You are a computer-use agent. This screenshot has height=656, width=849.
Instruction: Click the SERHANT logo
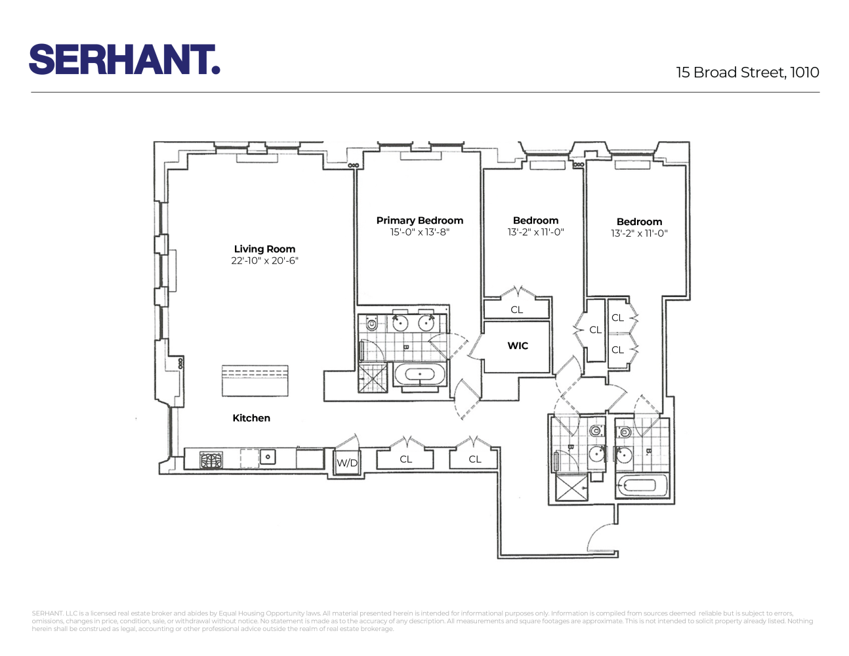(x=124, y=60)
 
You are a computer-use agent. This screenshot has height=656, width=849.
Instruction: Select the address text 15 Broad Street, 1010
(x=747, y=73)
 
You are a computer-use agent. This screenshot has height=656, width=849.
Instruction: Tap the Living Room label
(x=264, y=249)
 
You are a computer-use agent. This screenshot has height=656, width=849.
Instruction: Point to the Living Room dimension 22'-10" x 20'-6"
(x=264, y=261)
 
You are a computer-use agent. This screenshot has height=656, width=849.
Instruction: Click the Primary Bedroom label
(x=420, y=220)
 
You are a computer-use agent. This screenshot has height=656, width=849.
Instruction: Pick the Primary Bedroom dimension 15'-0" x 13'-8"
(x=420, y=232)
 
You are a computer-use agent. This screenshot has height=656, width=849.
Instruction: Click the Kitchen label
(x=251, y=418)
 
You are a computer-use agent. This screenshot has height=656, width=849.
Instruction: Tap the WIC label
(x=518, y=346)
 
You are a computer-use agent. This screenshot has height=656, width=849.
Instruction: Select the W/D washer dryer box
(x=347, y=462)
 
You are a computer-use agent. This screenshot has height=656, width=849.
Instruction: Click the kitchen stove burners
(x=211, y=459)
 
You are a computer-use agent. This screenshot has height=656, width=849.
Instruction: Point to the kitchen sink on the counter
(x=268, y=457)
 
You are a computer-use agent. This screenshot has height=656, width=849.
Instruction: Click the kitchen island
(x=255, y=380)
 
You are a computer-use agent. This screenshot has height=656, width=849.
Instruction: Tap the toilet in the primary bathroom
(x=372, y=323)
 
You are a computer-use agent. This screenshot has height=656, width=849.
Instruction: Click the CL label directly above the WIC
(x=517, y=310)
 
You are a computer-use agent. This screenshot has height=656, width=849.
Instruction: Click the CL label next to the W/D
(x=406, y=459)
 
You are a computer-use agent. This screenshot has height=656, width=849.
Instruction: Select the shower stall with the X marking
(x=571, y=487)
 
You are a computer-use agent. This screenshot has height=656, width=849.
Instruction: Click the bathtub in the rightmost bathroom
(x=641, y=486)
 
